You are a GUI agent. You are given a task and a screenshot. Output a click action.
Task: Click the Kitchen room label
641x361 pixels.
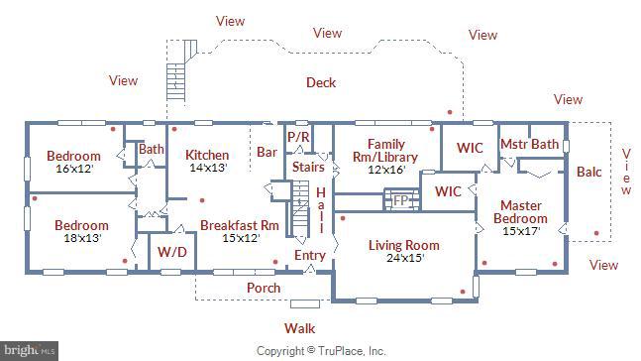[207, 155]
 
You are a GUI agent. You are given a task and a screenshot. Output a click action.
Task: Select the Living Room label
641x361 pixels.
[403, 245]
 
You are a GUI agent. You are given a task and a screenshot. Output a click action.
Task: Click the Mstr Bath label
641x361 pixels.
[529, 145]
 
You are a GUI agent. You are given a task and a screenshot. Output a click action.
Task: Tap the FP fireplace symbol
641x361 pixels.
[401, 200]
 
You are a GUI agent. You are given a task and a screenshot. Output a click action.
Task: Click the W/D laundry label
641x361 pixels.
[171, 252]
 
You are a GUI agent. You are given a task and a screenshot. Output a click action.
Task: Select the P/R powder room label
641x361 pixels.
[298, 137]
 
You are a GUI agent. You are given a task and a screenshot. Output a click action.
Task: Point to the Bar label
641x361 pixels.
[267, 153]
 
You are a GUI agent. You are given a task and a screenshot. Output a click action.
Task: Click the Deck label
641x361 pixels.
[320, 83]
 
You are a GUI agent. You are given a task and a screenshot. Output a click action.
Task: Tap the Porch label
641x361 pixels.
[264, 288]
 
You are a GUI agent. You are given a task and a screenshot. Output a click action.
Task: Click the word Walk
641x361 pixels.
[300, 326]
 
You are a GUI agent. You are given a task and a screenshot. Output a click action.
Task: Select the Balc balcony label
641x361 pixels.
[588, 172]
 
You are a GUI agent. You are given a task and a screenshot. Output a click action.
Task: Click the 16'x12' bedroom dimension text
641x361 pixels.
[73, 169]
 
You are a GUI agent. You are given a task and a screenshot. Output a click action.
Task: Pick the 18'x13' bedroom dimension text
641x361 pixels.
[81, 238]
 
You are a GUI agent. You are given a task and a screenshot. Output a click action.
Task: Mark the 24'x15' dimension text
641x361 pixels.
[403, 258]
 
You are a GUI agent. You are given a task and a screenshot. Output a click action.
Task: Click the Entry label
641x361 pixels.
[309, 256]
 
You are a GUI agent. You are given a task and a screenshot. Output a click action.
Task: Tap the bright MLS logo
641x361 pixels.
[30, 350]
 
